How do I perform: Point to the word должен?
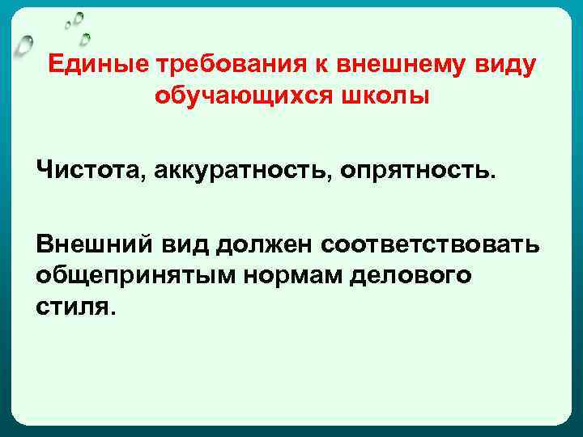click(x=264, y=245)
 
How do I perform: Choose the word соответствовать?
click(x=430, y=245)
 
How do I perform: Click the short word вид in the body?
click(x=185, y=245)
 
